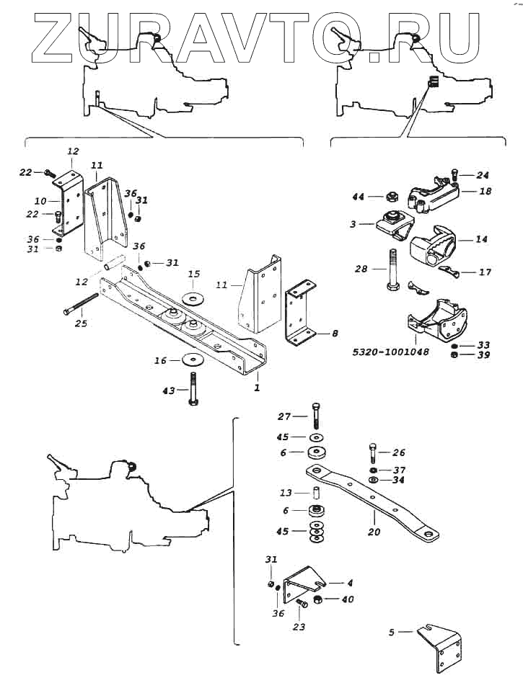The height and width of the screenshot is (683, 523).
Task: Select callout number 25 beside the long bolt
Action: click(81, 324)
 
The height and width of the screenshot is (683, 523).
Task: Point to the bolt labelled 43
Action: click(193, 389)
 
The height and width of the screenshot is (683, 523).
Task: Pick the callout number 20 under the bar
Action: click(374, 532)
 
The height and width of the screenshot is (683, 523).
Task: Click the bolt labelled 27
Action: click(316, 416)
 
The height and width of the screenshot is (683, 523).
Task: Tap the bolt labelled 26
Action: click(373, 453)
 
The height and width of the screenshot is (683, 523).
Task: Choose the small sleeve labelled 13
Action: click(315, 495)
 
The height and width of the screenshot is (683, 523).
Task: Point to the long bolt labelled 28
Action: click(392, 269)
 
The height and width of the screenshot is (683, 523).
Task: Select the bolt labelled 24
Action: click(454, 175)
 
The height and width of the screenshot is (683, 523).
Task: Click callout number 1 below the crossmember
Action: click(257, 387)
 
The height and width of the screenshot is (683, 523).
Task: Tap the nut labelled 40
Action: click(318, 599)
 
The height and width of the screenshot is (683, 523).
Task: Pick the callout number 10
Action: click(39, 201)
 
